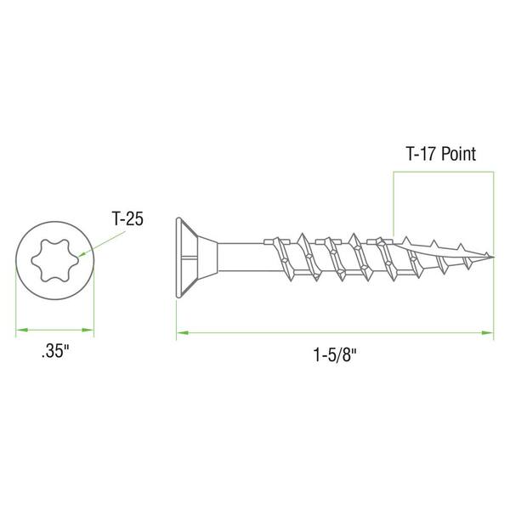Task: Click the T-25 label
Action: (x=127, y=218)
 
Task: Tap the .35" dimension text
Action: (x=55, y=352)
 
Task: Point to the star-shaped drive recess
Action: (x=55, y=260)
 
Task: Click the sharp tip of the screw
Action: (x=494, y=257)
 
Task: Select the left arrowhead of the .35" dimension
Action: (x=21, y=330)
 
